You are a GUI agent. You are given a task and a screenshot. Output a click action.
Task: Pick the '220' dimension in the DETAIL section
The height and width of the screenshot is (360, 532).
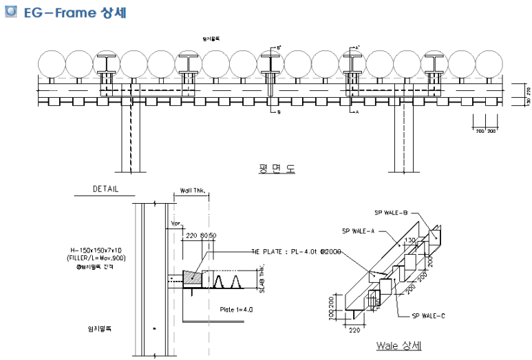point(191,235)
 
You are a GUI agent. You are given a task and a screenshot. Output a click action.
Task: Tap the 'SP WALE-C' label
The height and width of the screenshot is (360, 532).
point(428,315)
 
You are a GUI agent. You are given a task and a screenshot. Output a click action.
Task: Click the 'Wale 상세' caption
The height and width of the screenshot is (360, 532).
point(399,346)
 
